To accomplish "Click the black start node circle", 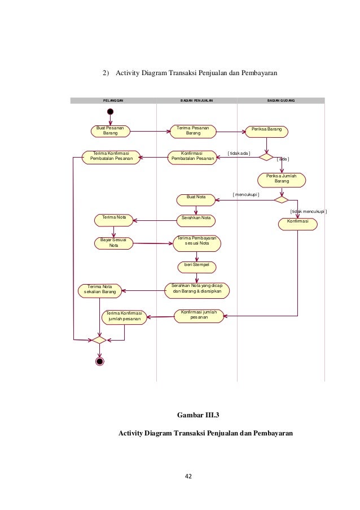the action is pyautogui.click(x=110, y=112).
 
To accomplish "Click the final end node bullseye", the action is pyautogui.click(x=100, y=361).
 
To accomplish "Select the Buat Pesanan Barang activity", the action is pyautogui.click(x=111, y=131).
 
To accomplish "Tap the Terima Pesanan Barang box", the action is pyautogui.click(x=193, y=132).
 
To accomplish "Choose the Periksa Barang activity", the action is pyautogui.click(x=266, y=132).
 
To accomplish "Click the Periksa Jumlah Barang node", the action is pyautogui.click(x=282, y=180).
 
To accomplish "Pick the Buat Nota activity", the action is pyautogui.click(x=196, y=200).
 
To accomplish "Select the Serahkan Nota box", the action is pyautogui.click(x=196, y=220).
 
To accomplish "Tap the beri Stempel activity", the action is pyautogui.click(x=196, y=267).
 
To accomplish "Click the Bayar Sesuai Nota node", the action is pyautogui.click(x=114, y=243).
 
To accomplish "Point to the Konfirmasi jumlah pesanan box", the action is pyautogui.click(x=199, y=316).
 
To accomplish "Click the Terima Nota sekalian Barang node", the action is pyautogui.click(x=100, y=290).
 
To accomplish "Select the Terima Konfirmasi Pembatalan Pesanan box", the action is pyautogui.click(x=111, y=158).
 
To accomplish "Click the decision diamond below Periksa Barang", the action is pyautogui.click(x=266, y=158).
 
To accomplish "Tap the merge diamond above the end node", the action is pyautogui.click(x=99, y=340).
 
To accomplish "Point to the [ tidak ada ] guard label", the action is pyautogui.click(x=239, y=153).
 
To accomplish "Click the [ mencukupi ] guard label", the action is pyautogui.click(x=246, y=194).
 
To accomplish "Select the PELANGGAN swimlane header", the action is pyautogui.click(x=113, y=101).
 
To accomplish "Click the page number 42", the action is pyautogui.click(x=188, y=476).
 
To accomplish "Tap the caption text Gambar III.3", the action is pyautogui.click(x=198, y=415).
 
